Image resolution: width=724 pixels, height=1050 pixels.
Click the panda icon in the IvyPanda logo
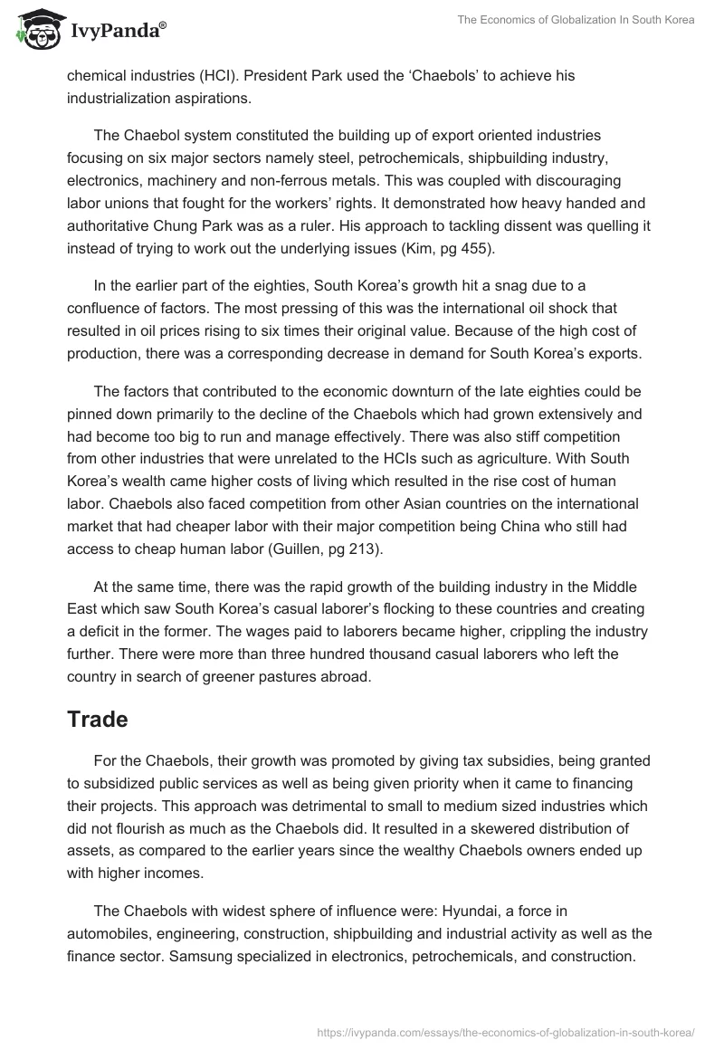click(33, 31)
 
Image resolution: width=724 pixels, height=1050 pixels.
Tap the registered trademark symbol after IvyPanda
click(162, 25)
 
